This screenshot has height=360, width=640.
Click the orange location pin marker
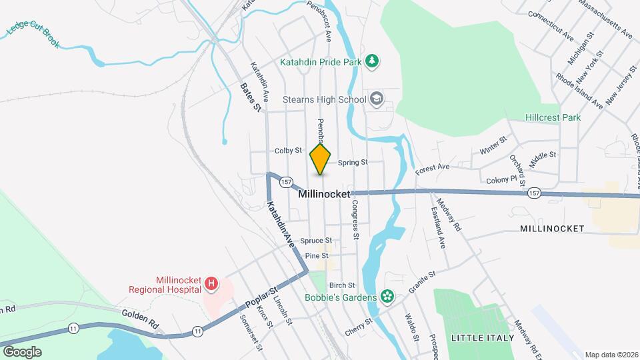(321, 159)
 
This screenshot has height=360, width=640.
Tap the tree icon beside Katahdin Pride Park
(373, 62)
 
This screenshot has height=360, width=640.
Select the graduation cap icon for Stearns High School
(377, 99)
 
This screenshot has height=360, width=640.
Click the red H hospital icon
(211, 285)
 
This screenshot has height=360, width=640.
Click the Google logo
(22, 351)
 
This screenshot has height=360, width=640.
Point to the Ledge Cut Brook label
(33, 34)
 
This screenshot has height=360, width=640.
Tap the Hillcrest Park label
(553, 117)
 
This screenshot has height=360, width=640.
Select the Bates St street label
(251, 97)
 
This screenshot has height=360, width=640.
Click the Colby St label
(288, 151)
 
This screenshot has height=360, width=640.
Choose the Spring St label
(353, 162)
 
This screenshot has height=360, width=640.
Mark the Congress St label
(355, 220)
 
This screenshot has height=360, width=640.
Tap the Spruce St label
(315, 241)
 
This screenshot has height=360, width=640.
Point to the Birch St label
(341, 285)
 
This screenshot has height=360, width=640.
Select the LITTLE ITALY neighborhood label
(483, 338)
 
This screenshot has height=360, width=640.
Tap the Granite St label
(422, 282)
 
